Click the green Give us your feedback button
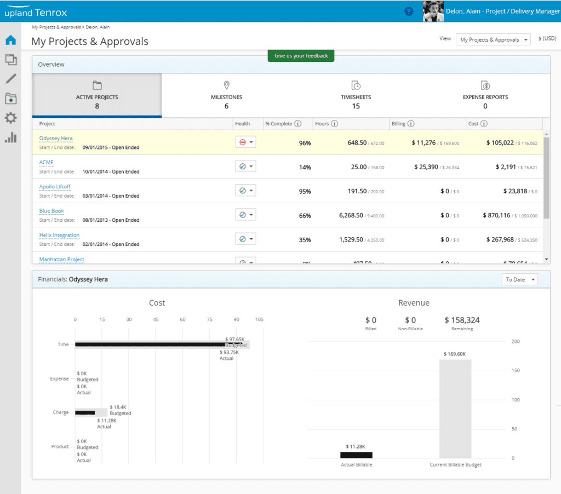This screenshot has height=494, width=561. click(301, 56)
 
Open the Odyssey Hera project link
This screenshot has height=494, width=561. click(56, 139)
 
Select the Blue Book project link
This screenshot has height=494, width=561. click(51, 211)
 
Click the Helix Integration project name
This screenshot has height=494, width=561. click(59, 235)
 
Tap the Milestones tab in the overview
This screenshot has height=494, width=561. click(226, 96)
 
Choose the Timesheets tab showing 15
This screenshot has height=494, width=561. click(356, 96)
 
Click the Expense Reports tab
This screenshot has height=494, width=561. click(485, 96)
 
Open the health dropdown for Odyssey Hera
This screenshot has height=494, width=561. click(245, 142)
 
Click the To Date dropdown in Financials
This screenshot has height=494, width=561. click(519, 279)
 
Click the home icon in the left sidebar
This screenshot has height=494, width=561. click(10, 40)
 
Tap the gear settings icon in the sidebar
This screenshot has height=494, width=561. click(10, 118)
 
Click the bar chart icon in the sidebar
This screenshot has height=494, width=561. click(10, 137)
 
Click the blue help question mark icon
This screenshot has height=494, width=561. click(409, 11)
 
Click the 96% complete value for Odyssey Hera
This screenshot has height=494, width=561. click(305, 143)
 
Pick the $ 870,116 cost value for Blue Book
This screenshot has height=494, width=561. click(496, 215)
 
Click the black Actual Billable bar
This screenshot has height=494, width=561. click(356, 455)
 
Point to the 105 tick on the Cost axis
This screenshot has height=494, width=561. click(259, 320)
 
